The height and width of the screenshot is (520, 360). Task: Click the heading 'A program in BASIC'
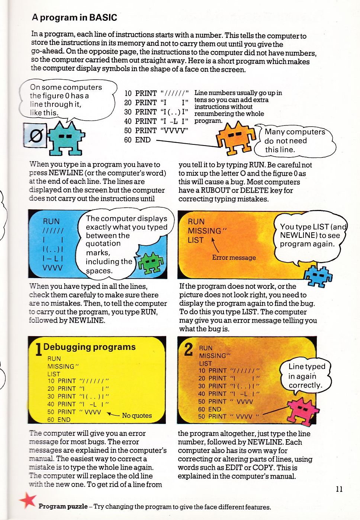pos(74,17)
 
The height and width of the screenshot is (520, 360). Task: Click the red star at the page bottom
pos(28,501)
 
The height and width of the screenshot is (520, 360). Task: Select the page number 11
pos(339,489)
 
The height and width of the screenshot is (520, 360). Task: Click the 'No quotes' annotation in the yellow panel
pos(137,415)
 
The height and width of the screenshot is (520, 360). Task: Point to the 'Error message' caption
pos(234,258)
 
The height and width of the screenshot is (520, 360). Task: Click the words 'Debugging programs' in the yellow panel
pos(89,347)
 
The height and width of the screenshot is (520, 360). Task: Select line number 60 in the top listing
pos(128,140)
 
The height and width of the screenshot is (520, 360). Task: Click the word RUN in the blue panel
pos(51,221)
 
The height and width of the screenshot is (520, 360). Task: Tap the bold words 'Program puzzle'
pos(63,506)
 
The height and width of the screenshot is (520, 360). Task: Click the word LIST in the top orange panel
pos(196,240)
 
